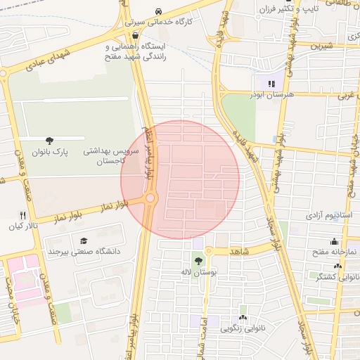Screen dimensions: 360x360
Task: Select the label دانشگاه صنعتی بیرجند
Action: pyautogui.click(x=84, y=251)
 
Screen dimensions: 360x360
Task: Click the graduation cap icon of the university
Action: pyautogui.click(x=84, y=241)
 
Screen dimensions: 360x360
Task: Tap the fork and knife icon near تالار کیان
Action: pyautogui.click(x=22, y=216)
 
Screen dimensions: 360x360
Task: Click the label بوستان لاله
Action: pyautogui.click(x=207, y=271)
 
